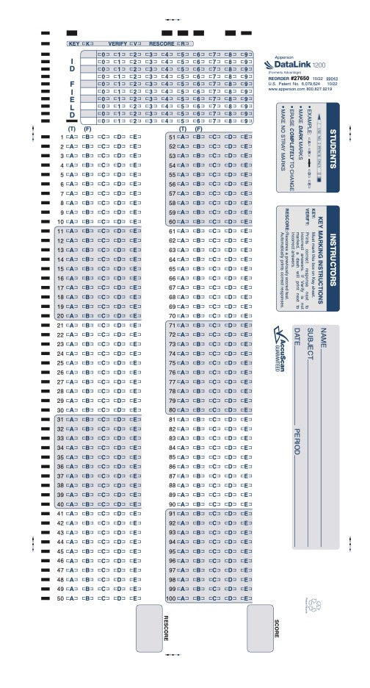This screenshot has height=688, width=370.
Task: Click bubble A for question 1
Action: (72, 137)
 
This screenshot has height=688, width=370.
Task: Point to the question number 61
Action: (173, 231)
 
